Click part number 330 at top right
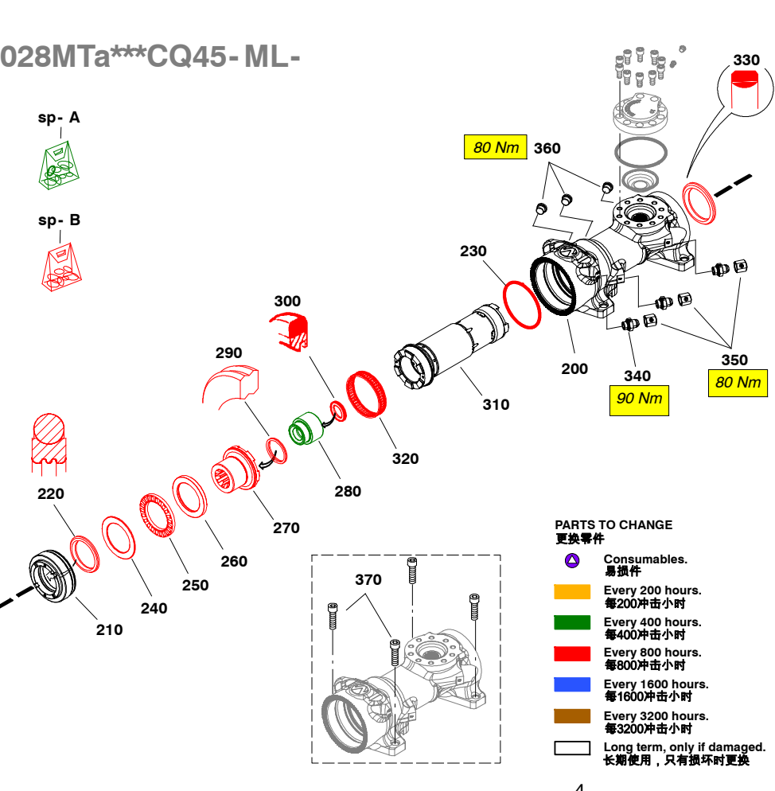(746, 60)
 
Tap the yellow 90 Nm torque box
(639, 398)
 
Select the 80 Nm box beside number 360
(496, 147)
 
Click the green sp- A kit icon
(60, 166)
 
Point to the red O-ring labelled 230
(521, 303)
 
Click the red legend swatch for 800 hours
(572, 653)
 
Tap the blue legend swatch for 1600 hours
(572, 684)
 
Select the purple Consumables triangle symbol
(571, 560)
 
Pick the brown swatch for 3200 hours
(572, 716)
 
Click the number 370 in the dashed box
(368, 579)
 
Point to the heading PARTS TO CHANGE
(613, 524)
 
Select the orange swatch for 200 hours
(572, 591)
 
